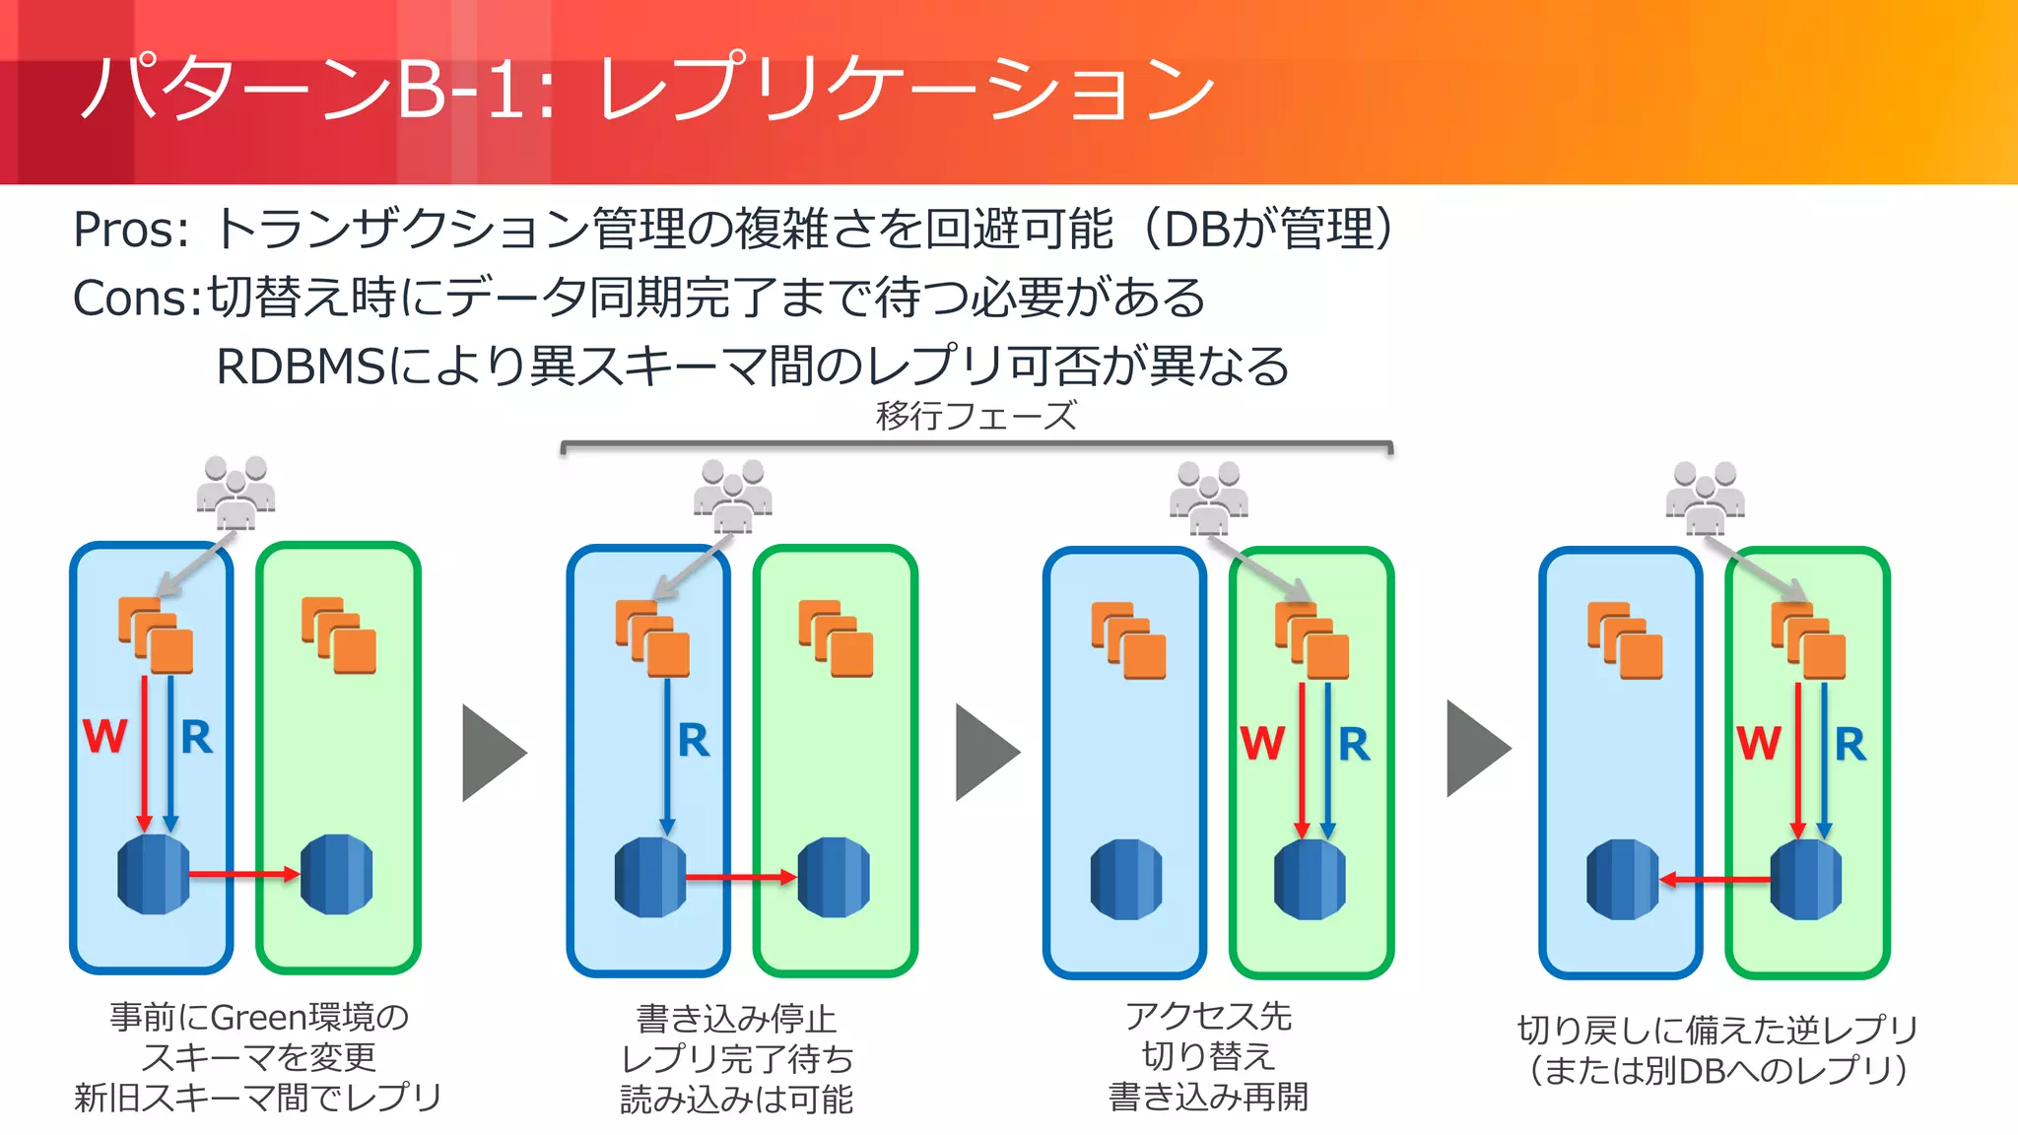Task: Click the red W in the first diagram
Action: (x=104, y=736)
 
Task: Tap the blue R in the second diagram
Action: (x=694, y=740)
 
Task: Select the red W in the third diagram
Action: (x=1262, y=743)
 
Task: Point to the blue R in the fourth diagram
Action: (x=1850, y=744)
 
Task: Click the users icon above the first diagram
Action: (x=235, y=492)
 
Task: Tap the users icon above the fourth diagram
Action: (x=1705, y=498)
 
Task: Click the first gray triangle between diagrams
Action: (x=493, y=753)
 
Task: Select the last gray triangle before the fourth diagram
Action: (x=1476, y=749)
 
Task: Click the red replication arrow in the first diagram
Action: (x=243, y=874)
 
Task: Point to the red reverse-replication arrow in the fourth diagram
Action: (x=1715, y=879)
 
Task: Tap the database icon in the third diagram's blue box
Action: (x=1126, y=879)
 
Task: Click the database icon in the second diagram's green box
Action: (x=834, y=877)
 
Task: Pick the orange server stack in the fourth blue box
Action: (x=1625, y=640)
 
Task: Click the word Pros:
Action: (x=131, y=231)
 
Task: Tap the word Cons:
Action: (x=137, y=299)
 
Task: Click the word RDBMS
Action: (x=301, y=367)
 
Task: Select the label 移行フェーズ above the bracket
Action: (x=975, y=416)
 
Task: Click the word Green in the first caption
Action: (x=258, y=1017)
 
